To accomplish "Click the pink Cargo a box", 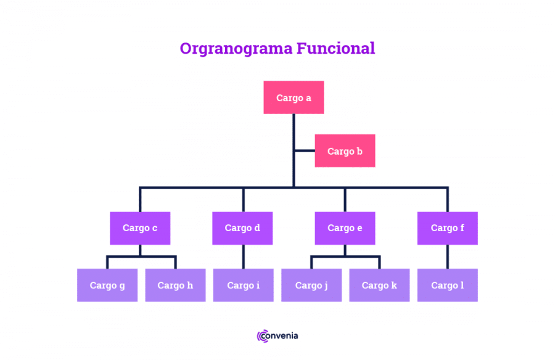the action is pos(294,97).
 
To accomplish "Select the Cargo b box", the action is pos(345,151).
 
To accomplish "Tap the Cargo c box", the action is pos(140,228).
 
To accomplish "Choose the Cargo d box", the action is pos(242,228).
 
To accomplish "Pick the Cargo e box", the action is pos(345,228).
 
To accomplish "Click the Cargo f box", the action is pos(448,228).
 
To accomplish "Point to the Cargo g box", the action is pos(107,285).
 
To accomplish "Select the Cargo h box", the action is pos(175,285).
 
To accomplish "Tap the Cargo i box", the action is pos(243,285).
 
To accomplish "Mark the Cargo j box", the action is pos(311,285).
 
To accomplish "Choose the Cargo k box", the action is pos(379,285).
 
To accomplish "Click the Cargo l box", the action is pos(448,285).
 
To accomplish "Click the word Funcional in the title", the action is pos(335,48).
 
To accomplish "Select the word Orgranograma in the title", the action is pos(236,49).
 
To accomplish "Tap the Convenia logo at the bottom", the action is pos(277,336).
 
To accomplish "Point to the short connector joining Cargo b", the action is pos(305,151).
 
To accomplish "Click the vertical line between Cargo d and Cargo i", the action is pos(243,256).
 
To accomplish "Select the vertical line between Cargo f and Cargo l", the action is pos(448,256).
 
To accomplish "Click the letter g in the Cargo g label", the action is pos(122,287).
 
